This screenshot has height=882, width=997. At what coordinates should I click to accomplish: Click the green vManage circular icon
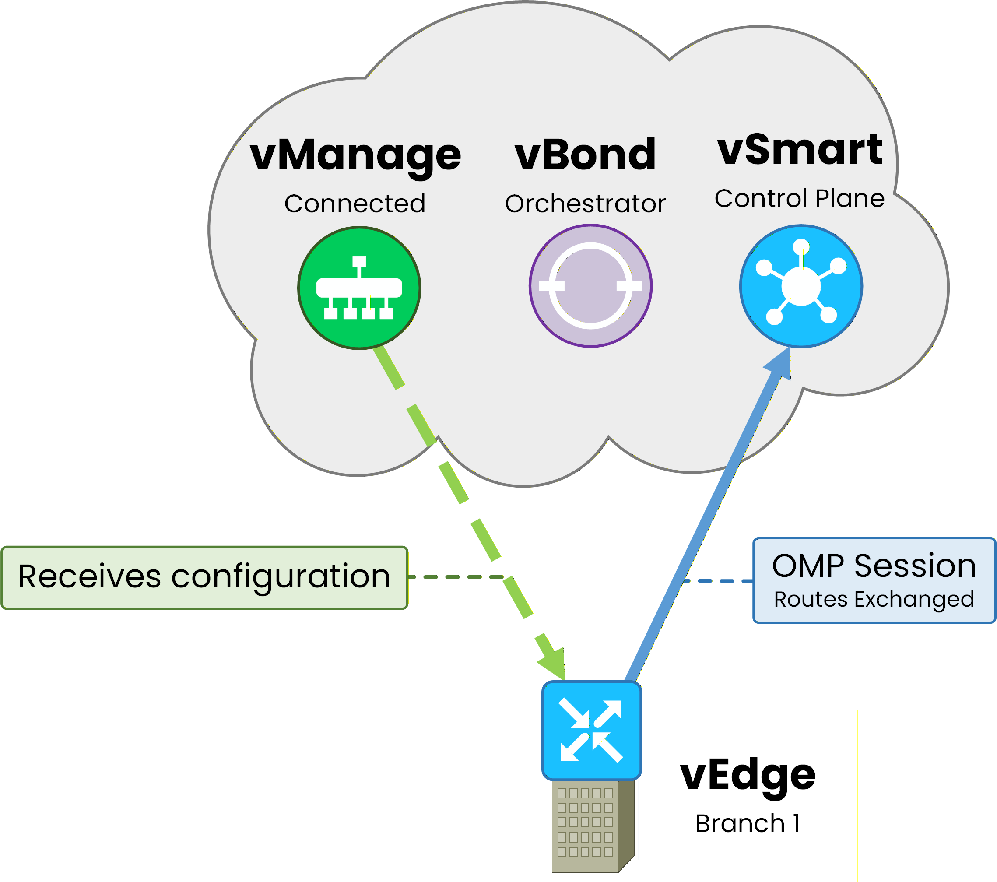tap(359, 288)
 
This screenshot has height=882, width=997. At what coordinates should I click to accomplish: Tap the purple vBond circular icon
tap(590, 286)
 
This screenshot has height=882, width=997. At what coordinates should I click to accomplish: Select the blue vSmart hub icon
tap(801, 286)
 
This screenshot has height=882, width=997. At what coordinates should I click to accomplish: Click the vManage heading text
tap(355, 155)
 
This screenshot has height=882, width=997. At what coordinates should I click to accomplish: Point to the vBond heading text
tap(585, 155)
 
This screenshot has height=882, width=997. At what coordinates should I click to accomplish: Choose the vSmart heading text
tap(800, 150)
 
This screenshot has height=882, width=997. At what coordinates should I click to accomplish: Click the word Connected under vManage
tap(355, 204)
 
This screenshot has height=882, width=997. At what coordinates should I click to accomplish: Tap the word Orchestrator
tap(585, 204)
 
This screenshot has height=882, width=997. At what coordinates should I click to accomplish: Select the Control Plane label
tap(800, 199)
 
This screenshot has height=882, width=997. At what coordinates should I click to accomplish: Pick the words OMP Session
tap(874, 566)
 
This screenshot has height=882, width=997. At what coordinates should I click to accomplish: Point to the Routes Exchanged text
tap(874, 599)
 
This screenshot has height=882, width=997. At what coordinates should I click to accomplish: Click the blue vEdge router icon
tap(591, 730)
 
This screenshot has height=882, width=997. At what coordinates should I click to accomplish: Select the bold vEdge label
tap(747, 776)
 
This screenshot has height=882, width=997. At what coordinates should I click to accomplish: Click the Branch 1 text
tap(747, 824)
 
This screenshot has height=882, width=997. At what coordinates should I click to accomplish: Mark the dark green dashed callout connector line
tap(456, 577)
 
